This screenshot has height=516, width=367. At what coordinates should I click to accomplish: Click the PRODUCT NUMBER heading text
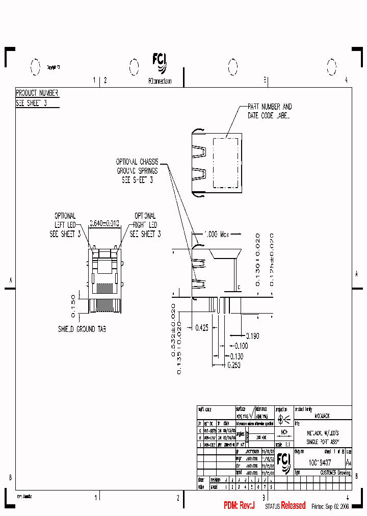[x=37, y=93]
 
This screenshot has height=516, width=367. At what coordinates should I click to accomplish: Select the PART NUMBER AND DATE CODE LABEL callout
[x=270, y=111]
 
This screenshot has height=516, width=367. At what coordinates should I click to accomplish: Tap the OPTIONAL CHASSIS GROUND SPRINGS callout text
[x=137, y=171]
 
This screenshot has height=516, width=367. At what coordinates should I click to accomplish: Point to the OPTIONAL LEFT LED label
[x=65, y=225]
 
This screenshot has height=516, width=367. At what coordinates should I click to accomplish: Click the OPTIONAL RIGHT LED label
[x=145, y=225]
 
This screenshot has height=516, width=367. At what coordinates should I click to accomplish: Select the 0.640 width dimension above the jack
[x=104, y=223]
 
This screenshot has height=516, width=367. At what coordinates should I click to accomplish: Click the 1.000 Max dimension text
[x=217, y=234]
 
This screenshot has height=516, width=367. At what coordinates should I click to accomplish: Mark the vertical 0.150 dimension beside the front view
[x=73, y=303]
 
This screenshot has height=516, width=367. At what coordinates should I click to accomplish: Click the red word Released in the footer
[x=294, y=506]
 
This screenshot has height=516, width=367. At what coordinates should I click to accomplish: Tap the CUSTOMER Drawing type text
[x=335, y=473]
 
